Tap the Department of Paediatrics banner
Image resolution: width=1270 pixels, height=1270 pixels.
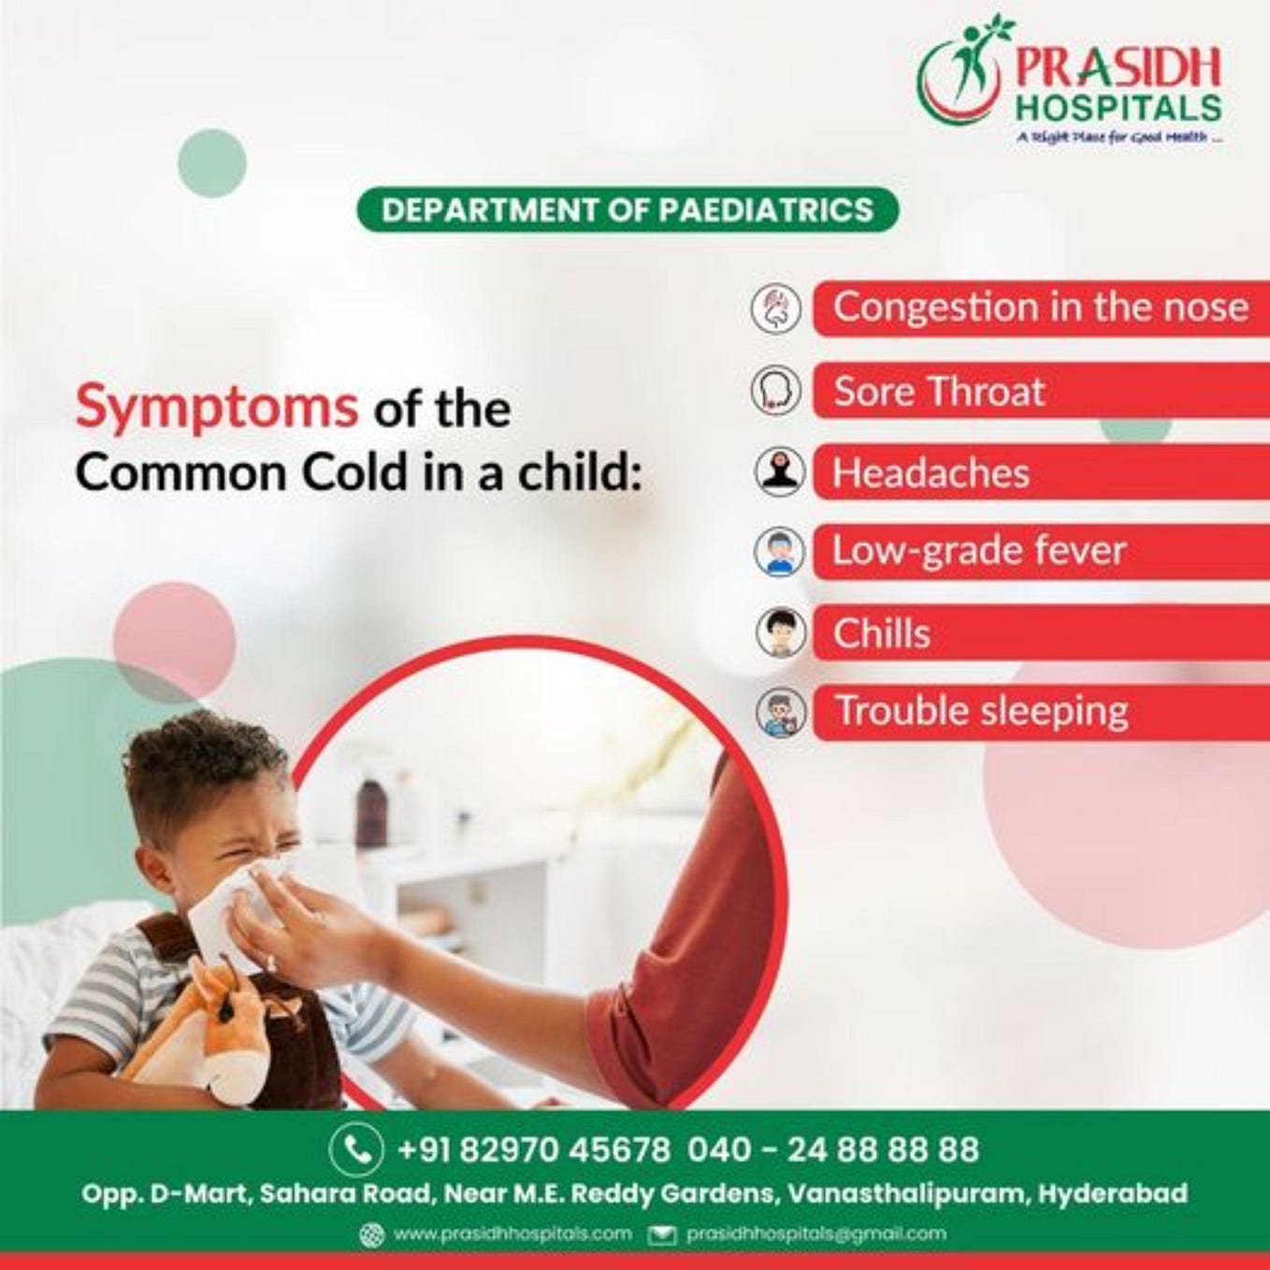point(628,209)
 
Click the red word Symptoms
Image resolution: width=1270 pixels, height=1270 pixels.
point(216,407)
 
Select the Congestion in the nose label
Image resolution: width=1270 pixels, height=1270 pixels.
point(1040,307)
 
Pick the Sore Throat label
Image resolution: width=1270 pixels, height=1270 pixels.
point(938,390)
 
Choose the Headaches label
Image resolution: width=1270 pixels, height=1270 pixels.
point(931,472)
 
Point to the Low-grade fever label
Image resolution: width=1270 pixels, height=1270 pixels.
point(979,550)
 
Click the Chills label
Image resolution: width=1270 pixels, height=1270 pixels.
point(881,633)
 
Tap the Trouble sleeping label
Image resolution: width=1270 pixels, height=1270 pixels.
point(981,711)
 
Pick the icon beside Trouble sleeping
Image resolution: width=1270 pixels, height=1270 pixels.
point(780,713)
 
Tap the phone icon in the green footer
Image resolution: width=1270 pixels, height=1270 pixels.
point(356,1148)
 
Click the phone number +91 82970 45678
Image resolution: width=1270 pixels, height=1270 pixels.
point(534,1148)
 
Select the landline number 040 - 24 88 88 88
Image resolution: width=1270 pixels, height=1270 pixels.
point(832,1148)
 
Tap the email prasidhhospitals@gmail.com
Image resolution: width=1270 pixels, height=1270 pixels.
point(815,1234)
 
